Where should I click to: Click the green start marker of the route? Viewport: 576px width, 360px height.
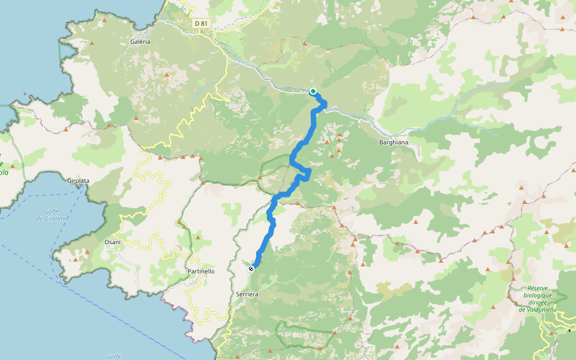pyautogui.click(x=313, y=91)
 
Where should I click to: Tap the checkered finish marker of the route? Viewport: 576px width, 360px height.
pyautogui.click(x=251, y=269)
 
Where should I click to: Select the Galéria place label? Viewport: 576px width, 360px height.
pyautogui.click(x=140, y=41)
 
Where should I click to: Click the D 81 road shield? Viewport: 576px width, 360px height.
pyautogui.click(x=201, y=23)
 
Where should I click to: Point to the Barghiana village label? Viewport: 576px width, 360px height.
pyautogui.click(x=394, y=142)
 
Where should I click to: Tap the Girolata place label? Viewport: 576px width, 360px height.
pyautogui.click(x=79, y=180)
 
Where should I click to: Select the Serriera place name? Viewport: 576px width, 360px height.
pyautogui.click(x=247, y=295)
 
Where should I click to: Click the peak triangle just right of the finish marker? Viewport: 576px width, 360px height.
pyautogui.click(x=260, y=262)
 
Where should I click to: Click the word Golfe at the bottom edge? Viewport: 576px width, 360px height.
pyautogui.click(x=114, y=356)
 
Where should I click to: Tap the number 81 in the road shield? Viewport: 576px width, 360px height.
pyautogui.click(x=205, y=23)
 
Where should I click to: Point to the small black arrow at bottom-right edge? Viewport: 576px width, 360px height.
pyautogui.click(x=568, y=330)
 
